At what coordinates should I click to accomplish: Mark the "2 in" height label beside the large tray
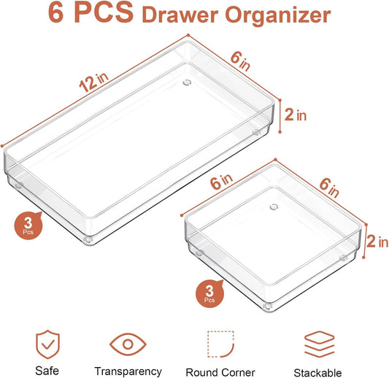pyautogui.click(x=295, y=114)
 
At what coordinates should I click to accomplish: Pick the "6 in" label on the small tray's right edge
pyautogui.click(x=328, y=188)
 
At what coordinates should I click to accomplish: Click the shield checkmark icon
pyautogui.click(x=47, y=343)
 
